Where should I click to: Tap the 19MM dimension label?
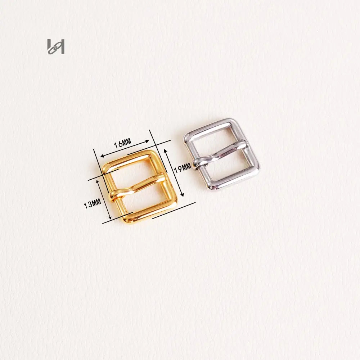click(183, 168)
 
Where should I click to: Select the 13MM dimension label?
click(92, 204)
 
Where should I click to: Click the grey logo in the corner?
click(56, 46)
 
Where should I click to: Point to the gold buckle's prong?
click(137, 187)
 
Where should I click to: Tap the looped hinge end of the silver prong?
click(197, 163)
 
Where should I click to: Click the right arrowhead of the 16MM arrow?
click(147, 141)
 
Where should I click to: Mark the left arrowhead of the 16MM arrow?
click(103, 156)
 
